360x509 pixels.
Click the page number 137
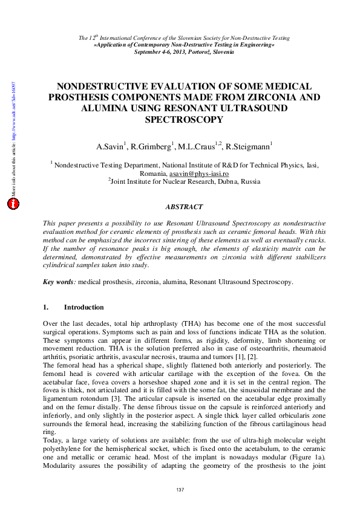click(180, 490)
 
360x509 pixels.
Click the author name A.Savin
click(110, 146)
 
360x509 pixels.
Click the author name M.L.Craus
click(194, 146)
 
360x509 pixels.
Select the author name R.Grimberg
click(148, 146)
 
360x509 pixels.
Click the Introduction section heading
click(83, 307)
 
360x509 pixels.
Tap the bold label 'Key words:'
click(59, 282)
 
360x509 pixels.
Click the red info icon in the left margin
click(13, 204)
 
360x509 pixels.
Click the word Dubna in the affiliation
click(223, 181)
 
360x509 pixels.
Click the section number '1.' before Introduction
click(46, 307)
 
